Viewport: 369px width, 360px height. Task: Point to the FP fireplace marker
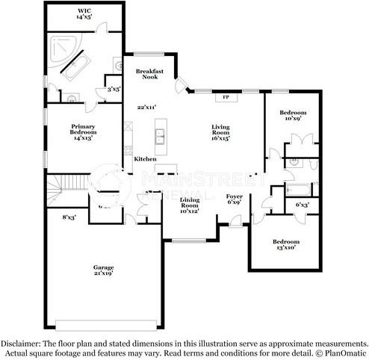click(x=225, y=96)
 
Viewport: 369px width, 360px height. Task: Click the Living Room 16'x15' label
click(x=220, y=132)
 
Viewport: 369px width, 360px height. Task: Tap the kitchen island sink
click(x=160, y=137)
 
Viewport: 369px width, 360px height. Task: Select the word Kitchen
click(x=145, y=159)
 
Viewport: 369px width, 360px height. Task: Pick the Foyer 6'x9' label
click(x=234, y=198)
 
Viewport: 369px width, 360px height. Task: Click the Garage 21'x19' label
click(x=103, y=270)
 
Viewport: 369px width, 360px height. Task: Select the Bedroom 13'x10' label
click(x=286, y=245)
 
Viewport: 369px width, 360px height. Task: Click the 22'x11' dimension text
click(x=146, y=107)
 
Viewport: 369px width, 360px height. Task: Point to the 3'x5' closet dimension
click(x=114, y=89)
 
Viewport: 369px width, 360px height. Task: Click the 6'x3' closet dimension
click(x=303, y=204)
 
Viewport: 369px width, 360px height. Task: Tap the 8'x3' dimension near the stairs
click(x=69, y=217)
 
